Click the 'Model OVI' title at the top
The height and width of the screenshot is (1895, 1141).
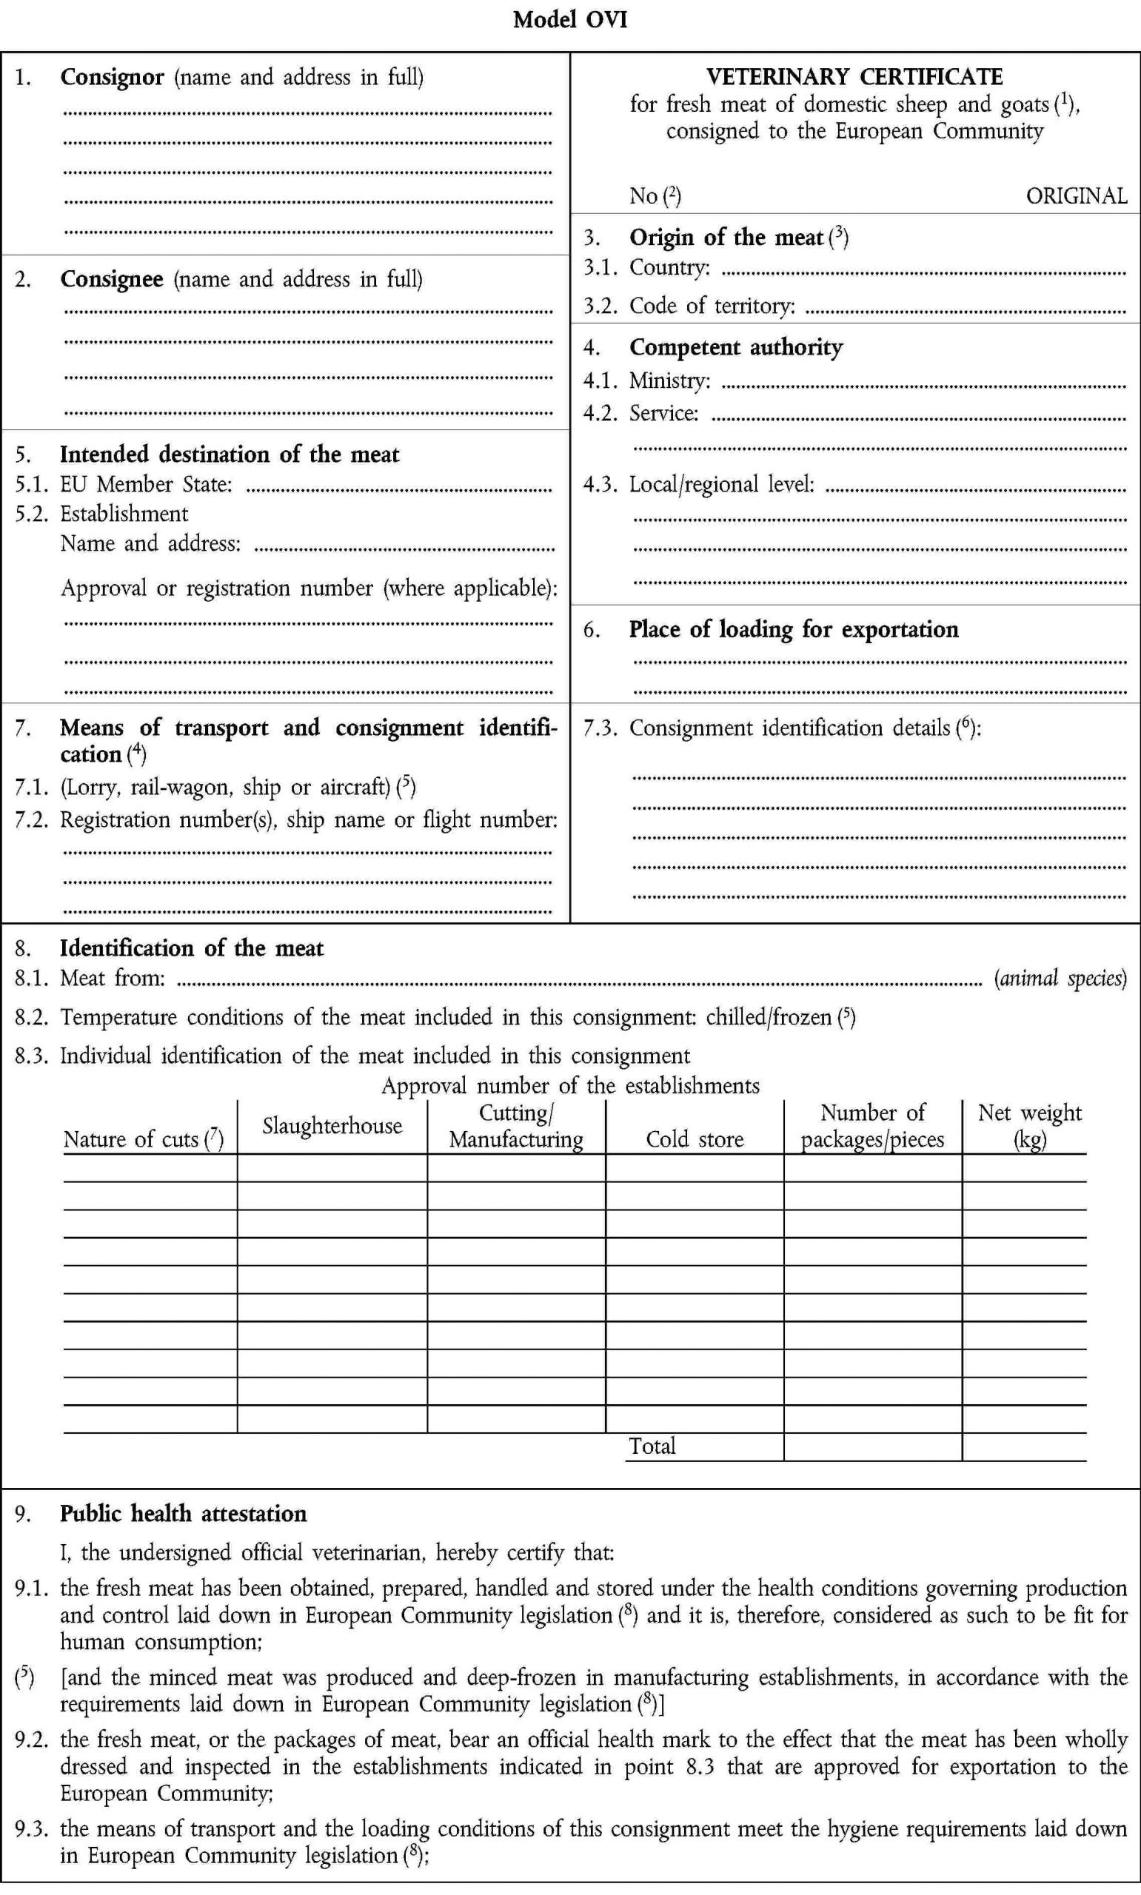(569, 19)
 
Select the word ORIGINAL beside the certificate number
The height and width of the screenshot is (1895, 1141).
(1076, 196)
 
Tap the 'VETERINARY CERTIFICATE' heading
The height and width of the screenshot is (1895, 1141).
(854, 77)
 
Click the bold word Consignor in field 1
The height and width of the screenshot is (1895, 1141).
(112, 78)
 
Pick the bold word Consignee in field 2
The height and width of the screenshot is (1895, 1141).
(112, 279)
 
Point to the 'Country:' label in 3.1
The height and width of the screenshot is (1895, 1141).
(669, 267)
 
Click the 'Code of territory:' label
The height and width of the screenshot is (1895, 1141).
(712, 306)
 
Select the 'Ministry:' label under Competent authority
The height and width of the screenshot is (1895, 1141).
(669, 380)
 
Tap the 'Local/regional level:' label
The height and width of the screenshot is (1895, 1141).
(721, 484)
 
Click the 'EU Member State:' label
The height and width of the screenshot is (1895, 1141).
(146, 484)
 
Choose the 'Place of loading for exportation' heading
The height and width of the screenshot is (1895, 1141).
(794, 629)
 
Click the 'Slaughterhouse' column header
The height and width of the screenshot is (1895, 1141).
(332, 1126)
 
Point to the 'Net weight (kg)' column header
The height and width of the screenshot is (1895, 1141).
(1029, 1126)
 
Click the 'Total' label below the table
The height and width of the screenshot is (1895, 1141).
(652, 1446)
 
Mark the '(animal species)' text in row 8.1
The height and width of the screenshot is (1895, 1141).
(1060, 979)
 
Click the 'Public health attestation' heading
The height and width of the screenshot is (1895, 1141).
(183, 1514)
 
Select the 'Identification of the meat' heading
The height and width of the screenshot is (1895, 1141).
(192, 948)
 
